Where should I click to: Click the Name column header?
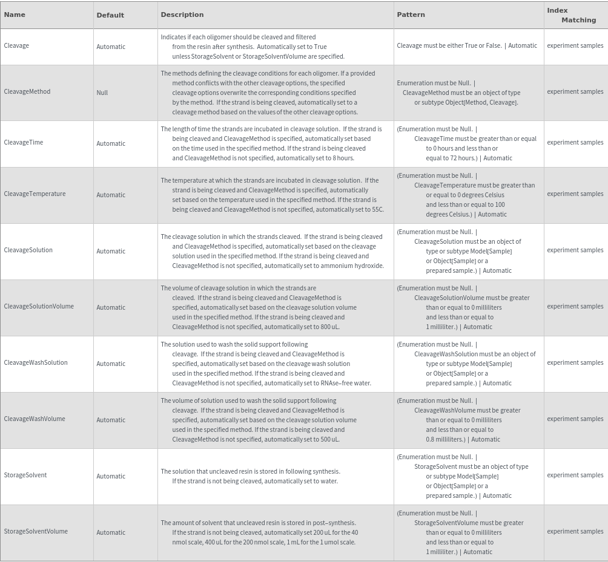tap(15, 15)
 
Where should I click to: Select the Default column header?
tap(110, 15)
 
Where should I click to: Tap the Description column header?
tap(182, 15)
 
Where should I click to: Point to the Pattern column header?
tap(411, 15)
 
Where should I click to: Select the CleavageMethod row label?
tap(27, 91)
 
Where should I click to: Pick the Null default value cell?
tap(102, 93)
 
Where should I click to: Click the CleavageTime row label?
tap(24, 142)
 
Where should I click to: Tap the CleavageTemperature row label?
tap(35, 194)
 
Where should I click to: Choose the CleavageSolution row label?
tap(28, 250)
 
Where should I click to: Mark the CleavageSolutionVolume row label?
tap(39, 306)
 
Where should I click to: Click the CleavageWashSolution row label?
tap(36, 362)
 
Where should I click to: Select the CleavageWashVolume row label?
tap(35, 419)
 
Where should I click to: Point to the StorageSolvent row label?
tap(25, 475)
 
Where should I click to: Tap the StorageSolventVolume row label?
tap(36, 531)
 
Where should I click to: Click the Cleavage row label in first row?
tap(16, 45)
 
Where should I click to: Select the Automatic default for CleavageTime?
tap(111, 143)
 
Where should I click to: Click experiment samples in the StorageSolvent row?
tap(575, 475)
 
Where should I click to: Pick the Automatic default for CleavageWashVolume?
tap(111, 420)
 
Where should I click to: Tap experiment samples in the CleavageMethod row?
tap(575, 91)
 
